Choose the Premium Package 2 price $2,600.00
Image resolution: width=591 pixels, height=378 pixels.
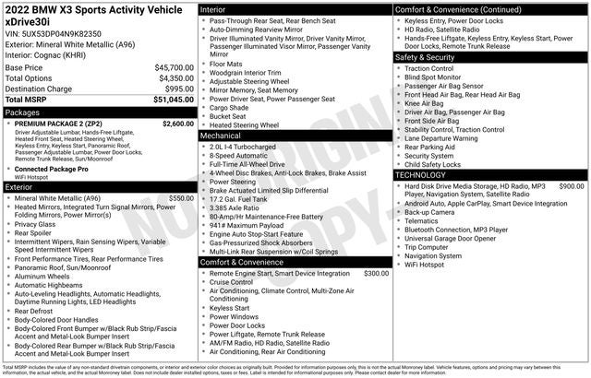coord(177,123)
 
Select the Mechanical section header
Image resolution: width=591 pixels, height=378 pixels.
coord(221,135)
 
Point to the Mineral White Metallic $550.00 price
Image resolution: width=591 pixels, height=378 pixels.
coord(180,197)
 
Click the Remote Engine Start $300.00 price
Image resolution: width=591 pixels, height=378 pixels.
coord(376,274)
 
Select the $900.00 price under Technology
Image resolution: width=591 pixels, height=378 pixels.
coord(571,186)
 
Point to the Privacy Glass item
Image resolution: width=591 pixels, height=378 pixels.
coord(35,223)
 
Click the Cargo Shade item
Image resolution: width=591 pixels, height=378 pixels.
coord(229,107)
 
